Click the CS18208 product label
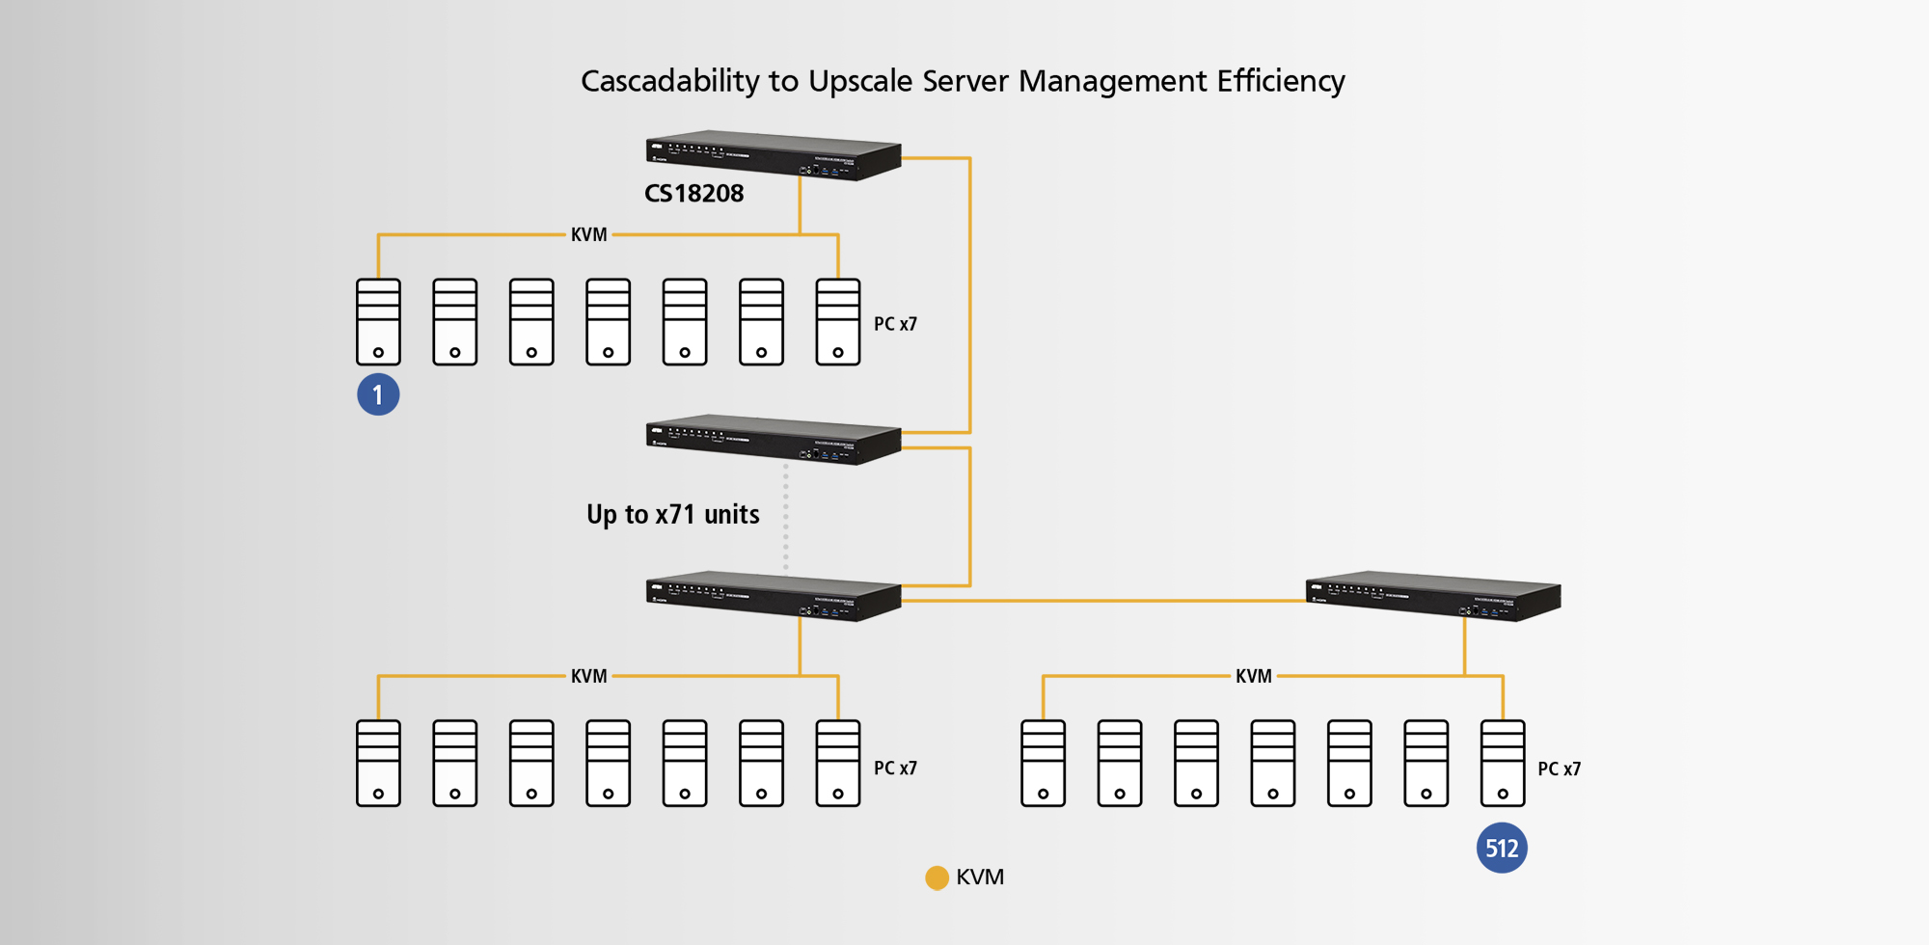[x=693, y=194]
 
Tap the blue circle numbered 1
[x=378, y=394]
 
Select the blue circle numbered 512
[x=1502, y=848]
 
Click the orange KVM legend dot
[x=937, y=877]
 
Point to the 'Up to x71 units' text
[x=672, y=515]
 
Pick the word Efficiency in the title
[x=1280, y=82]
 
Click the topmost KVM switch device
[x=773, y=155]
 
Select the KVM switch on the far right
[x=1432, y=596]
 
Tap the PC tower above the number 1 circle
[x=378, y=322]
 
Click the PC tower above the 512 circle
[x=1502, y=763]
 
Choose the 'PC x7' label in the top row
[x=895, y=324]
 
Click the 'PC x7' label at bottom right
[x=1559, y=769]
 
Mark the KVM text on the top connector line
[x=588, y=234]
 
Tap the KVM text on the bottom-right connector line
[x=1253, y=676]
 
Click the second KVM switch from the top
[x=773, y=440]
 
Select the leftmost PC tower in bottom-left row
[x=378, y=763]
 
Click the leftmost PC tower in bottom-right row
[x=1043, y=763]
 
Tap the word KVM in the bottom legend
[x=980, y=877]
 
